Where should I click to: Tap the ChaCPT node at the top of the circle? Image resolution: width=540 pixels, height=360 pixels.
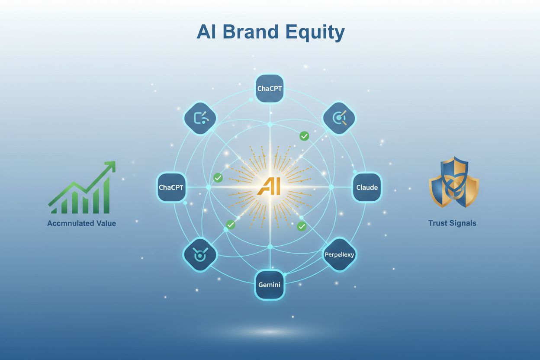(x=270, y=89)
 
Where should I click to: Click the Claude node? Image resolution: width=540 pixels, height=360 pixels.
(x=367, y=187)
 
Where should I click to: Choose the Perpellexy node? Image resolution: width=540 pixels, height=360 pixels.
(x=339, y=254)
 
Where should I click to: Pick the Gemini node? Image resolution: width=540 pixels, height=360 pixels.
(x=270, y=285)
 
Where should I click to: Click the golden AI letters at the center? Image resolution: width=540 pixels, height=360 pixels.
(x=269, y=186)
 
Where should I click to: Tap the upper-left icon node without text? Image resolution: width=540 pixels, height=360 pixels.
(x=200, y=119)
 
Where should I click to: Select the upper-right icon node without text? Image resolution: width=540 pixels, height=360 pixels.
(x=339, y=118)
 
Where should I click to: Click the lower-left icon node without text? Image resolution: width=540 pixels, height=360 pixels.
(x=199, y=254)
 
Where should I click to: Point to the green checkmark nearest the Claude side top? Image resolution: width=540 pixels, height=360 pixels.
(x=304, y=136)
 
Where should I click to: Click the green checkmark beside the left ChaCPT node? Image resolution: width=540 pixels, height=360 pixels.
(x=218, y=177)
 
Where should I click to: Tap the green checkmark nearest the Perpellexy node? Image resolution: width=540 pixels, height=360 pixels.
(x=302, y=226)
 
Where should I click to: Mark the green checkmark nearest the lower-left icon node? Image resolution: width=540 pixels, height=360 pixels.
(x=231, y=225)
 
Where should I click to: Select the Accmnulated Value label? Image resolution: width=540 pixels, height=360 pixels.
(x=81, y=224)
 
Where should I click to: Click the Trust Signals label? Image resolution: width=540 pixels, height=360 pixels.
(x=452, y=223)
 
